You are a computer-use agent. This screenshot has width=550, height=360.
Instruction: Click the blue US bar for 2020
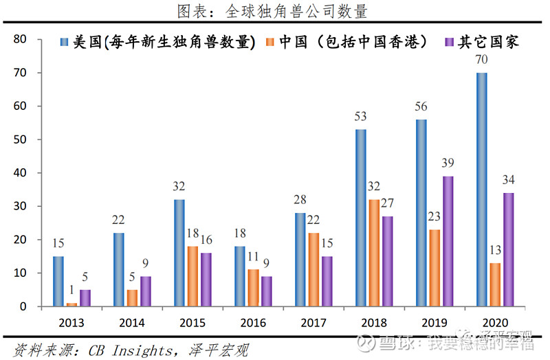pyautogui.click(x=481, y=190)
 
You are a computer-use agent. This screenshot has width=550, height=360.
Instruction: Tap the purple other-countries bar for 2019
pyautogui.click(x=447, y=241)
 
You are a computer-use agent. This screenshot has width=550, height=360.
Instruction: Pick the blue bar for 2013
pyautogui.click(x=58, y=281)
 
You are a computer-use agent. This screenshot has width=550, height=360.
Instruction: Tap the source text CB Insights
pyautogui.click(x=131, y=351)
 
